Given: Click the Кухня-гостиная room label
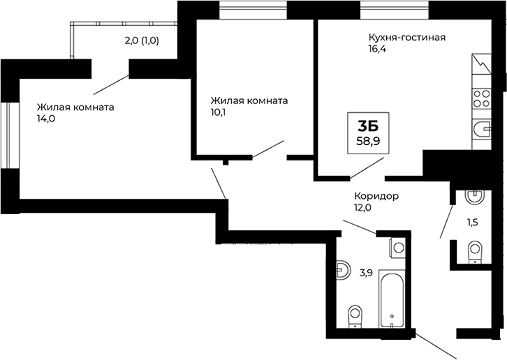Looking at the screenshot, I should tap(407, 37).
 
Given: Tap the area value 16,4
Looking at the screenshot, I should tap(379, 50).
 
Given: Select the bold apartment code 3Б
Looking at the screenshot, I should tap(368, 126).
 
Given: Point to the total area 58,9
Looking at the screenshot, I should tap(368, 141).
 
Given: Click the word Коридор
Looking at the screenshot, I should tap(376, 196).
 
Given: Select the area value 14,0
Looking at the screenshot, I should tap(46, 119).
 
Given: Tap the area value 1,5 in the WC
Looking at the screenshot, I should tap(473, 223).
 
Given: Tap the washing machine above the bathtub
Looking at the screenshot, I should tap(397, 246).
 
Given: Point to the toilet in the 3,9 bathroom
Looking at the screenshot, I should tap(355, 315).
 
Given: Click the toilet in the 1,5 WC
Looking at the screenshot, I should tap(474, 249).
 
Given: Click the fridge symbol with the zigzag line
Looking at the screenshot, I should tap(482, 69).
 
